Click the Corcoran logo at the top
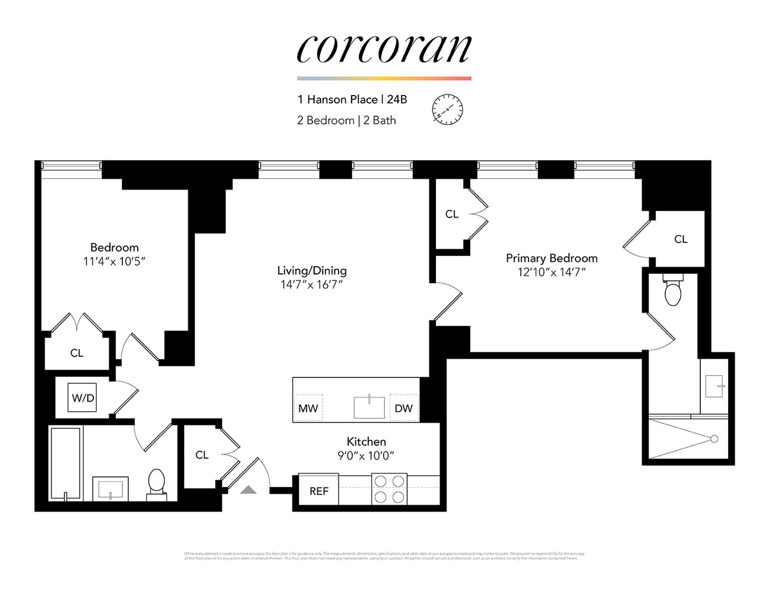point(384,49)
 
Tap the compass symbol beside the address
point(447,109)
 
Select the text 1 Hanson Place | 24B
point(352,99)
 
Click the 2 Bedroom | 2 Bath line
point(346,120)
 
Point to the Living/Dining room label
point(312,270)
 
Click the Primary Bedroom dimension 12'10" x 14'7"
point(551,272)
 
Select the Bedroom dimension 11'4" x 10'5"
point(114,261)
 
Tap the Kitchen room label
point(366,441)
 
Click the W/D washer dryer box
point(83,398)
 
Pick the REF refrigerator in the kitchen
point(318,491)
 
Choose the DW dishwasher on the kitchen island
point(403,408)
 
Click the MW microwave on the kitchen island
point(308,408)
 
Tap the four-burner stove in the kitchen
point(389,489)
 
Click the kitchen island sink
point(369,407)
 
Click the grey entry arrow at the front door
point(248,489)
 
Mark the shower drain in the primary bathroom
point(714,439)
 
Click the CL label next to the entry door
point(202,454)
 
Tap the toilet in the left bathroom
point(156,481)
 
